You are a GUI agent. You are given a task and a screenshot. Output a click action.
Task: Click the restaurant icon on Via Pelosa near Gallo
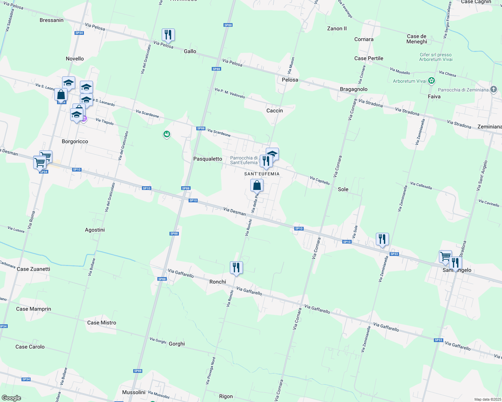pyautogui.click(x=168, y=35)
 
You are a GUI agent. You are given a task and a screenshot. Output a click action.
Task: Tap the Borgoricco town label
pyautogui.click(x=75, y=141)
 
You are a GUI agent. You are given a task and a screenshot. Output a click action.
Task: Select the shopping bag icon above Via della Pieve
pyautogui.click(x=257, y=185)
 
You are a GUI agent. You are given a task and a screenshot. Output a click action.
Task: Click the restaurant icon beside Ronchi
pyautogui.click(x=236, y=268)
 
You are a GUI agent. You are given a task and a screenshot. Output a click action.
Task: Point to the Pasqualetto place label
pyautogui.click(x=208, y=159)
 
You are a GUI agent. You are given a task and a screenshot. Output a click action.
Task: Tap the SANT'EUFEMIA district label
pyautogui.click(x=262, y=174)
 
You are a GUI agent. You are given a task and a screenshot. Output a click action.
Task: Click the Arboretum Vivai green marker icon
pyautogui.click(x=432, y=81)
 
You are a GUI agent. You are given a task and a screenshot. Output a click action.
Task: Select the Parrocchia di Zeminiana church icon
pyautogui.click(x=493, y=89)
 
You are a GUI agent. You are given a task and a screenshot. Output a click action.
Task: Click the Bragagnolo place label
pyautogui.click(x=354, y=89)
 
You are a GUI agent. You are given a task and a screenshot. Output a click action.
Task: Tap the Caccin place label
pyautogui.click(x=274, y=111)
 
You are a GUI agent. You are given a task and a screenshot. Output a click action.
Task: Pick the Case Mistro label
pyautogui.click(x=102, y=323)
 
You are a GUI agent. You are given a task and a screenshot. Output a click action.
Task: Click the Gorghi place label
pyautogui.click(x=177, y=344)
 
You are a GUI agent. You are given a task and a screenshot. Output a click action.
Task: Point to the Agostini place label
pyautogui.click(x=95, y=230)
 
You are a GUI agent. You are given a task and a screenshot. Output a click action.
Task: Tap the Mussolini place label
pyautogui.click(x=134, y=392)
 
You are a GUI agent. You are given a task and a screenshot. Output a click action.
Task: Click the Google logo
pyautogui.click(x=11, y=398)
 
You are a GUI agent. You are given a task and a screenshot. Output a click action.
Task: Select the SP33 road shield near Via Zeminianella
pyautogui.click(x=394, y=254)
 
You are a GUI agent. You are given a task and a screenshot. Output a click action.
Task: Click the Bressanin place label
pyautogui.click(x=51, y=20)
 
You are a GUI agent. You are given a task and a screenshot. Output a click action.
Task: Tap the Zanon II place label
pyautogui.click(x=337, y=28)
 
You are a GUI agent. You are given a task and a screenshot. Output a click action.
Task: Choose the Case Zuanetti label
pyautogui.click(x=34, y=269)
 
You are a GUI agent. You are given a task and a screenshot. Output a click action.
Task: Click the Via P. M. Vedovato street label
pyautogui.click(x=230, y=93)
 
